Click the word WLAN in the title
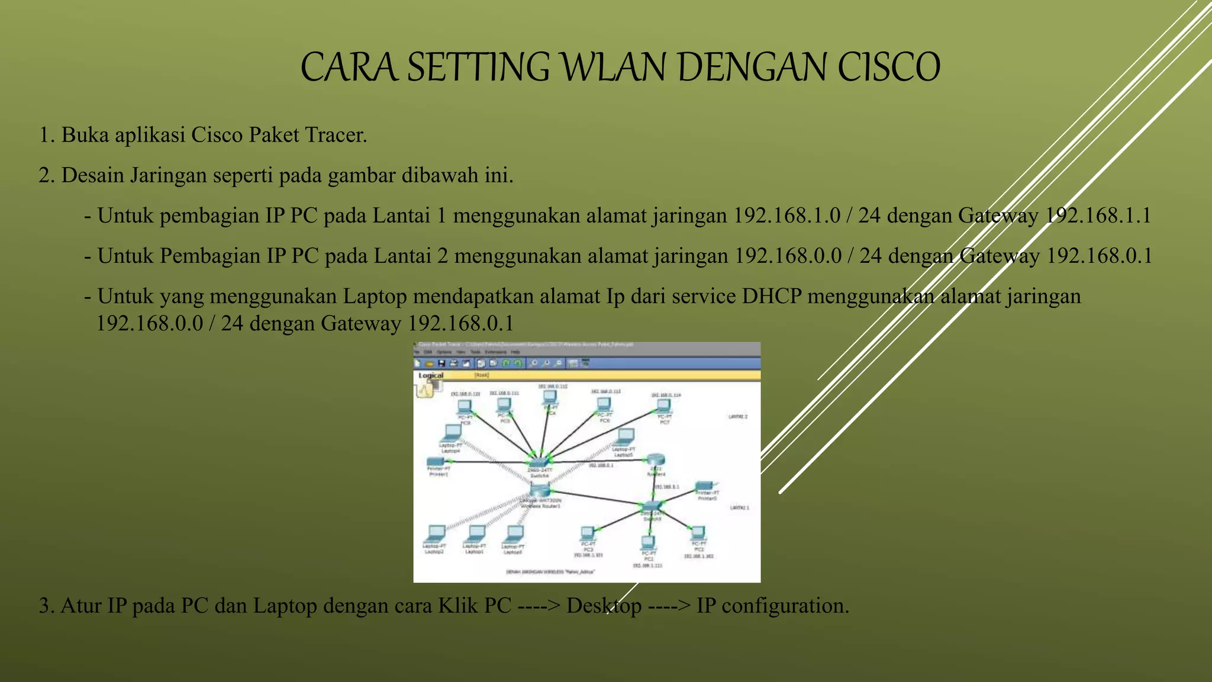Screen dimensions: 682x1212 tap(614, 67)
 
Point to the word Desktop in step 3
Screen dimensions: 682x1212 tap(604, 606)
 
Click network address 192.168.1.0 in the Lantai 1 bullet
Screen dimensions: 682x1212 tap(786, 215)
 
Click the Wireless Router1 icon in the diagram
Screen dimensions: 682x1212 tap(540, 491)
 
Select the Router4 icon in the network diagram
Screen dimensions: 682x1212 tap(656, 459)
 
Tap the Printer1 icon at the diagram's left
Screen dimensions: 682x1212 tap(436, 461)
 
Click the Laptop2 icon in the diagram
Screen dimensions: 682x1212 tap(436, 532)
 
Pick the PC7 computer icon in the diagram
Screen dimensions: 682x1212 tap(663, 406)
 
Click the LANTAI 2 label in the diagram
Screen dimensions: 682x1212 tap(737, 417)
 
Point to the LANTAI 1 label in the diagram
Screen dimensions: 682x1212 tap(739, 508)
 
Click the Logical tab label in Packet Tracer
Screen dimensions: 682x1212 tap(431, 375)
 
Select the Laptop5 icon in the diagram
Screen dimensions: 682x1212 tap(625, 437)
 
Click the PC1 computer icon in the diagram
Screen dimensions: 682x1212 tap(648, 542)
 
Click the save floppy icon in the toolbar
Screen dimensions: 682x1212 tap(441, 363)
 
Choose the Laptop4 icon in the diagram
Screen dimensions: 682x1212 tap(453, 432)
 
